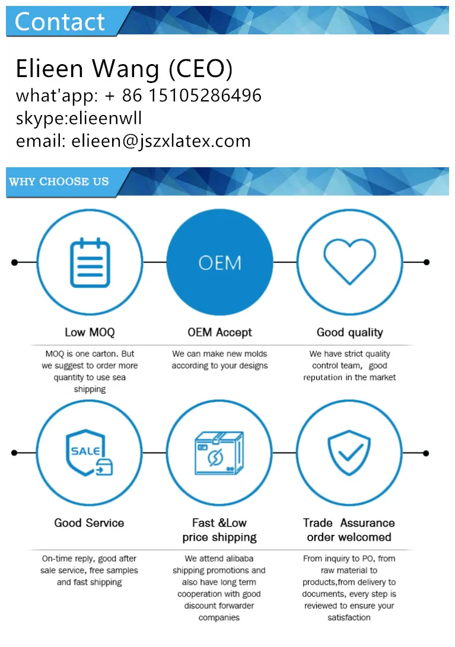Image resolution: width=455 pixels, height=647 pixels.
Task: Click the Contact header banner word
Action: tap(60, 22)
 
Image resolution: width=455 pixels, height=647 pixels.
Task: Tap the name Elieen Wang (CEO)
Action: tap(124, 69)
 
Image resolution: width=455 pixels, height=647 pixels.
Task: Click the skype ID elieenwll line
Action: tap(79, 118)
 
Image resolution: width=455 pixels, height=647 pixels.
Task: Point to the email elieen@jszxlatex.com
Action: tap(161, 141)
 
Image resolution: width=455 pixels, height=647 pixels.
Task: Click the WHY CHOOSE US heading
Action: tap(59, 181)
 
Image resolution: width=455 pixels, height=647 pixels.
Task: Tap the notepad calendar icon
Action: tap(90, 262)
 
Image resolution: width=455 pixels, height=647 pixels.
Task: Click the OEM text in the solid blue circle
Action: tap(219, 263)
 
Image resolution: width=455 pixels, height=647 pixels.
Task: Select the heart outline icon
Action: tap(349, 262)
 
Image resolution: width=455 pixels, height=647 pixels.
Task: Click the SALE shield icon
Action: tap(90, 453)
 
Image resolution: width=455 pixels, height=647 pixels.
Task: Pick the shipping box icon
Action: tap(219, 453)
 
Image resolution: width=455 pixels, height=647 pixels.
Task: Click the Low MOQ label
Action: tap(90, 333)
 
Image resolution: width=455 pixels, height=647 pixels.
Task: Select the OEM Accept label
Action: tap(219, 333)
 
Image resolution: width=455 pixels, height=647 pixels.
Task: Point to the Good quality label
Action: tap(349, 333)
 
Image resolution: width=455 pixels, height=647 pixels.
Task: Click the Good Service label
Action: tap(89, 523)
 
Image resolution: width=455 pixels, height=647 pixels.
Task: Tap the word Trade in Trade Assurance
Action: tap(318, 523)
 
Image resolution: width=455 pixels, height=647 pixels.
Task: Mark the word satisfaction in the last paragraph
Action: tap(349, 618)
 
